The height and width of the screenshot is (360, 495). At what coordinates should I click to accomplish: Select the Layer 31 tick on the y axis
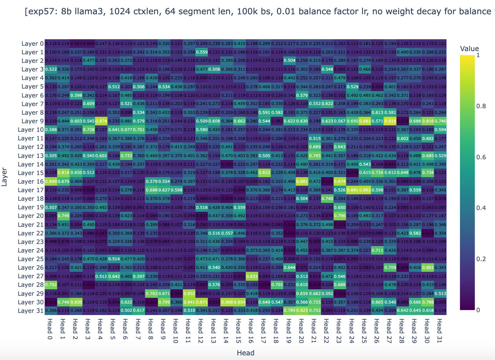coord(31,311)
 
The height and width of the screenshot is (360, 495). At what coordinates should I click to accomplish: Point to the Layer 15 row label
coord(31,173)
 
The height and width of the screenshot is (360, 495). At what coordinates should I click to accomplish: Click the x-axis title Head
coord(245,353)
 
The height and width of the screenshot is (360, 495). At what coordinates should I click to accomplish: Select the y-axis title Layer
coord(5,177)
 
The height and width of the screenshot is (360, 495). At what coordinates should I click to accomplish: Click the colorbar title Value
coord(469,49)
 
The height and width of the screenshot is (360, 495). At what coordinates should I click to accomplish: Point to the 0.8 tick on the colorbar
coord(481,106)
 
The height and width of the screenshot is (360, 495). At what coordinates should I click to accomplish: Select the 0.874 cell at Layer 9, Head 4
coord(101,121)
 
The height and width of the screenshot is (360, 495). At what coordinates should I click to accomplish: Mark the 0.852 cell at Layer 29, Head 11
coord(189,293)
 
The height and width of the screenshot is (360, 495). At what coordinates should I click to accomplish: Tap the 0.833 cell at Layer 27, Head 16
coord(252,276)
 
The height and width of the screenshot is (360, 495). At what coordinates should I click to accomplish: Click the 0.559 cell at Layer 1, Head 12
coord(201,52)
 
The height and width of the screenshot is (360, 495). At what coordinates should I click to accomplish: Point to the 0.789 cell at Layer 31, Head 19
coord(289,311)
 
